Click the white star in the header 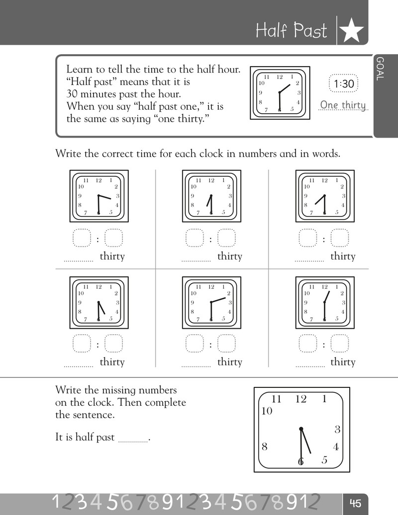pos(352,30)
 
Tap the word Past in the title pos(310,30)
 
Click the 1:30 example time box pos(344,84)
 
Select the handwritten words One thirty pos(343,105)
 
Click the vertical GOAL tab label pos(380,69)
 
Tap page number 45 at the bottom pos(355,503)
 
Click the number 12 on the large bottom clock pos(300,399)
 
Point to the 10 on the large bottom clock pos(267,411)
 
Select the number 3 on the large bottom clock pos(337,429)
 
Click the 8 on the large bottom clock pos(265,446)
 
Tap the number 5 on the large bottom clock pos(324,460)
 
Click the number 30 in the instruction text pos(72,94)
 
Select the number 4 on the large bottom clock pos(335,447)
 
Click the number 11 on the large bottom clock pos(276,399)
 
